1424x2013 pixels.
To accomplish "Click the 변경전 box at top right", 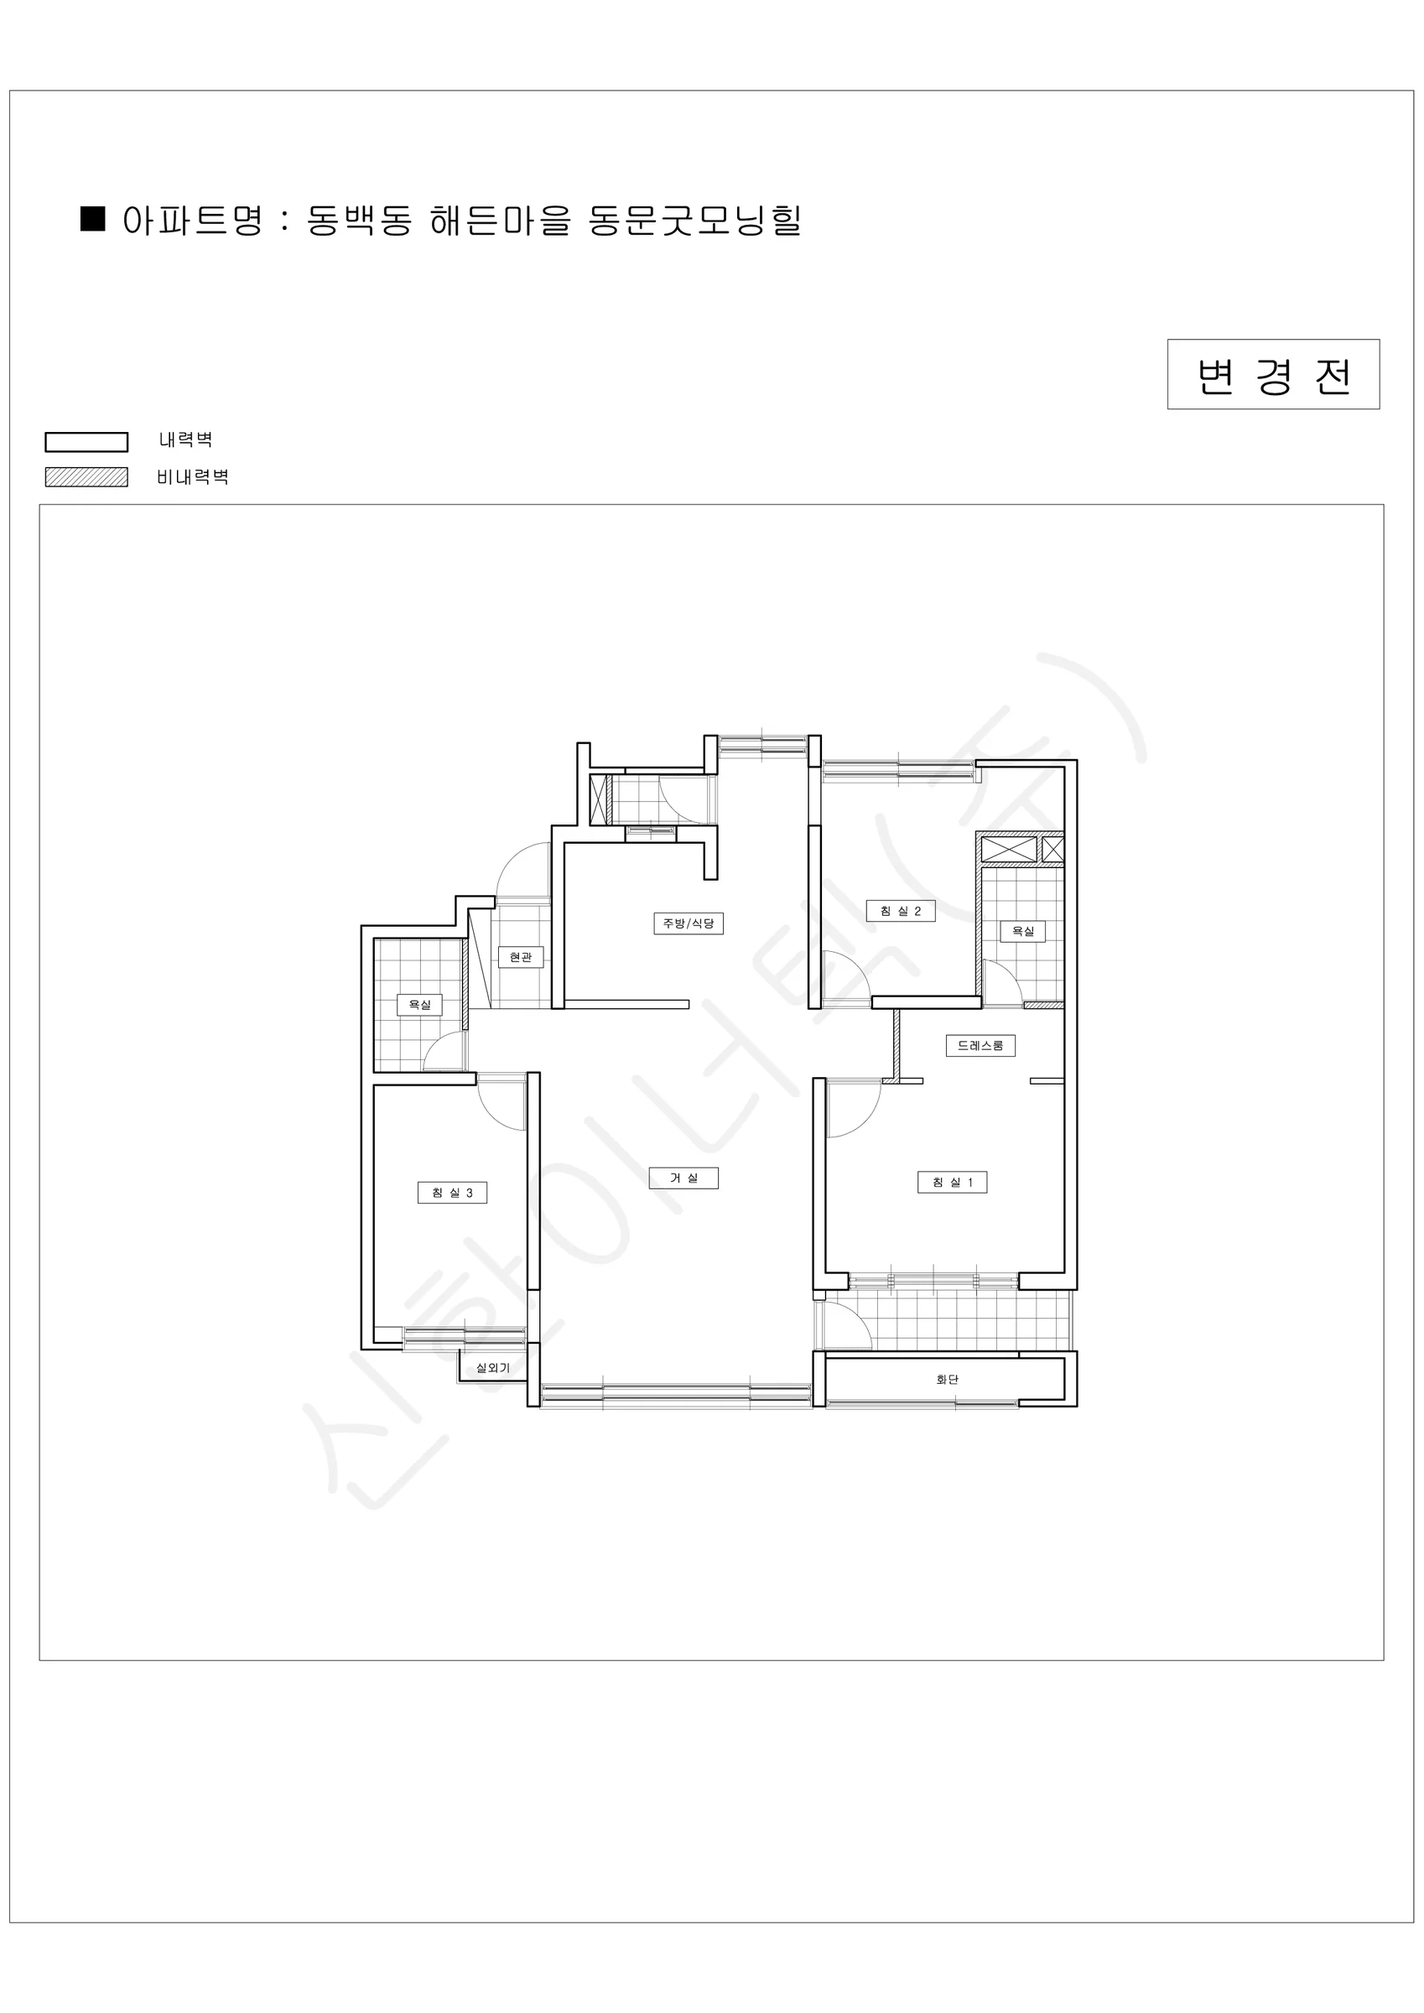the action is [1272, 373].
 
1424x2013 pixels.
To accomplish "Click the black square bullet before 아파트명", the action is [93, 218].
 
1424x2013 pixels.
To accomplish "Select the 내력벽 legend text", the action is [186, 440].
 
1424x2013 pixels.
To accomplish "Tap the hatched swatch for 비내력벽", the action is [86, 477].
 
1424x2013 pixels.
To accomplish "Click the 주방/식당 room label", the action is [689, 923].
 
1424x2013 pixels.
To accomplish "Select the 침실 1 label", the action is [952, 1182].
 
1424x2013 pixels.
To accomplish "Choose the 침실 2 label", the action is [901, 911].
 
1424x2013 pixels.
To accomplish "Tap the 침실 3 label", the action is [451, 1193].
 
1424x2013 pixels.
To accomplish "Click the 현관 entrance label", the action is [521, 956].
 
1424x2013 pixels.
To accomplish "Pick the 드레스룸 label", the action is [980, 1045].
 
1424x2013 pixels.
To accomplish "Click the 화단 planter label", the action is [947, 1379].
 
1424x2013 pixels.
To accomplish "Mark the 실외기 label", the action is [493, 1368].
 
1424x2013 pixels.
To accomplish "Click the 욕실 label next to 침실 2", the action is [1023, 931].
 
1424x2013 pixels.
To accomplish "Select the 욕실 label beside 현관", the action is [420, 1004].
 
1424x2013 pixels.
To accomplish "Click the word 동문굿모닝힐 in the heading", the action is [694, 219].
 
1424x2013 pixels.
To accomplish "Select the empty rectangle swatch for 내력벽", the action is [86, 442].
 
